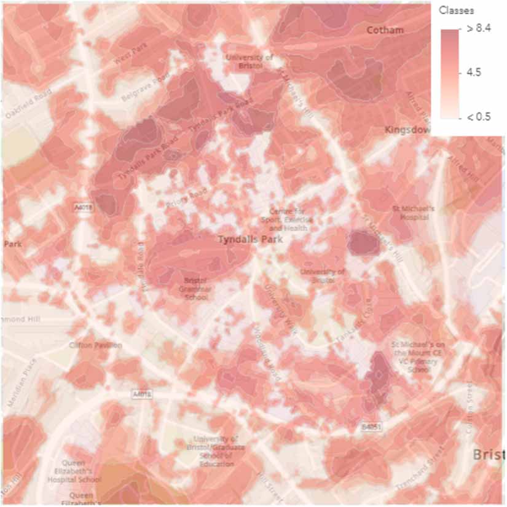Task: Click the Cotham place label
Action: (x=385, y=30)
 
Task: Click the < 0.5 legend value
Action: (x=478, y=116)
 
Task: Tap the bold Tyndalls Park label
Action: (x=250, y=239)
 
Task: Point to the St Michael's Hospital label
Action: (x=413, y=213)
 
